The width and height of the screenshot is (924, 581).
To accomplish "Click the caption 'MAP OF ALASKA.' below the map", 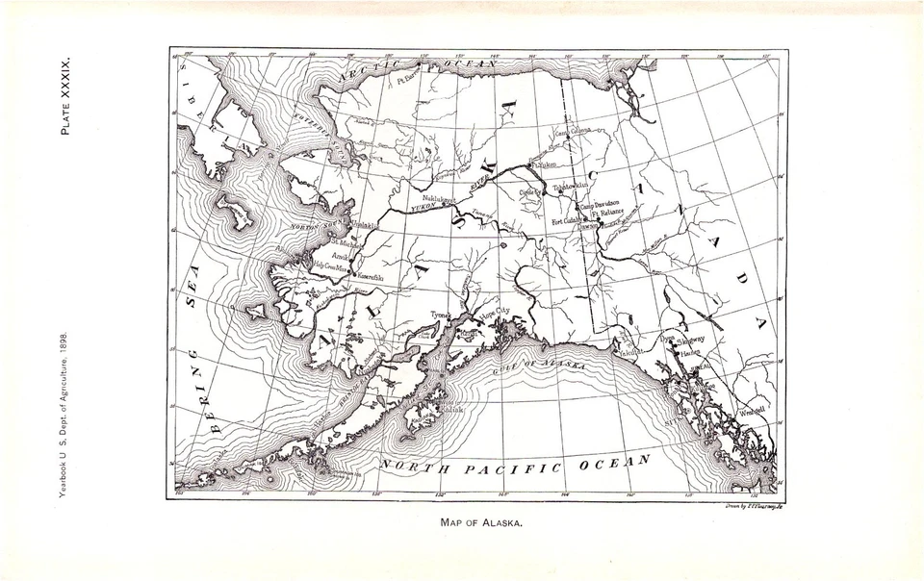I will (480, 523).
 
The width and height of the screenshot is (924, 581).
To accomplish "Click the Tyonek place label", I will (440, 314).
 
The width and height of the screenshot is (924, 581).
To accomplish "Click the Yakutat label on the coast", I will (629, 351).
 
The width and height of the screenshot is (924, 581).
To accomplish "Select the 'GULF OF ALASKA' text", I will (535, 366).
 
